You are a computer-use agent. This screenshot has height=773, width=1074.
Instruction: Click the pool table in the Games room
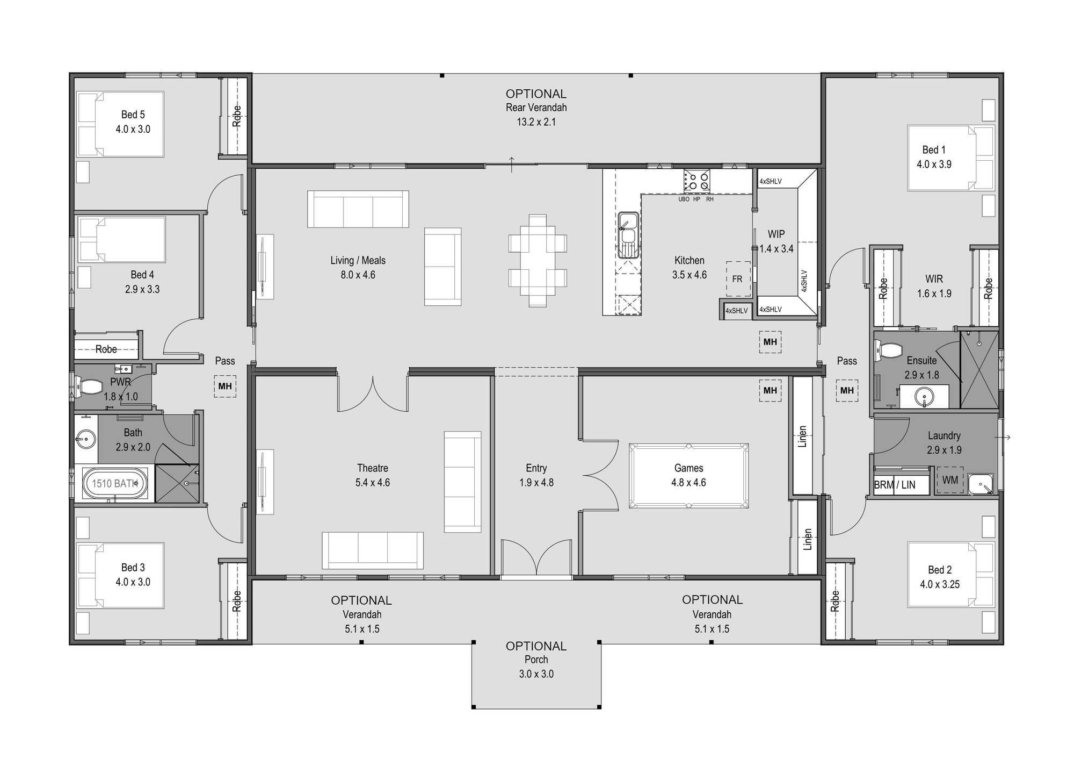(689, 476)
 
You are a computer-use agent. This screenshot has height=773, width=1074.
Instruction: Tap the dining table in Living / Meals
(538, 261)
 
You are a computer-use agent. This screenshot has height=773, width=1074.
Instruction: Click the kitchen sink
(627, 234)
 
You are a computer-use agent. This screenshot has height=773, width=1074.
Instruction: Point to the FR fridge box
(738, 279)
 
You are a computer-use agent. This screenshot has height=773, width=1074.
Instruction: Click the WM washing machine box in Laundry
(950, 479)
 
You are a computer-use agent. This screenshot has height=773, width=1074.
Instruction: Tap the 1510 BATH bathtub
(114, 483)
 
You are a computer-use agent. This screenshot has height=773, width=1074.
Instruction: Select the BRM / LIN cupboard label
(895, 485)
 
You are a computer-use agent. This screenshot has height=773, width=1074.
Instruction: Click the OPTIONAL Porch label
(536, 660)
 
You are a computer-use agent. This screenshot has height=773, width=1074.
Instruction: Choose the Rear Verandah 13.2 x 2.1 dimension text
(536, 122)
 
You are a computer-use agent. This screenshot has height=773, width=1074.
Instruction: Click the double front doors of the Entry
(536, 559)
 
